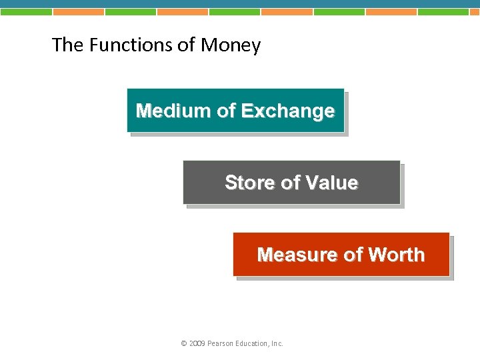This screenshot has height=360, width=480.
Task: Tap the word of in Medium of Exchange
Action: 226,111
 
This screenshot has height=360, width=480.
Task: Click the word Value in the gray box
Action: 331,183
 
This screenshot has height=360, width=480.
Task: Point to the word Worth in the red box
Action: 396,255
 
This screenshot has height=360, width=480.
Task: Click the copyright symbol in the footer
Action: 183,344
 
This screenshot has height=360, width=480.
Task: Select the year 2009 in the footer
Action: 197,344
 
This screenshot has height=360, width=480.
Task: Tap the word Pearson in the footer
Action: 221,344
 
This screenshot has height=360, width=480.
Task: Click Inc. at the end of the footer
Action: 277,344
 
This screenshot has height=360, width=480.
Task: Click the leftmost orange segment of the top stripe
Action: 78,11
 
